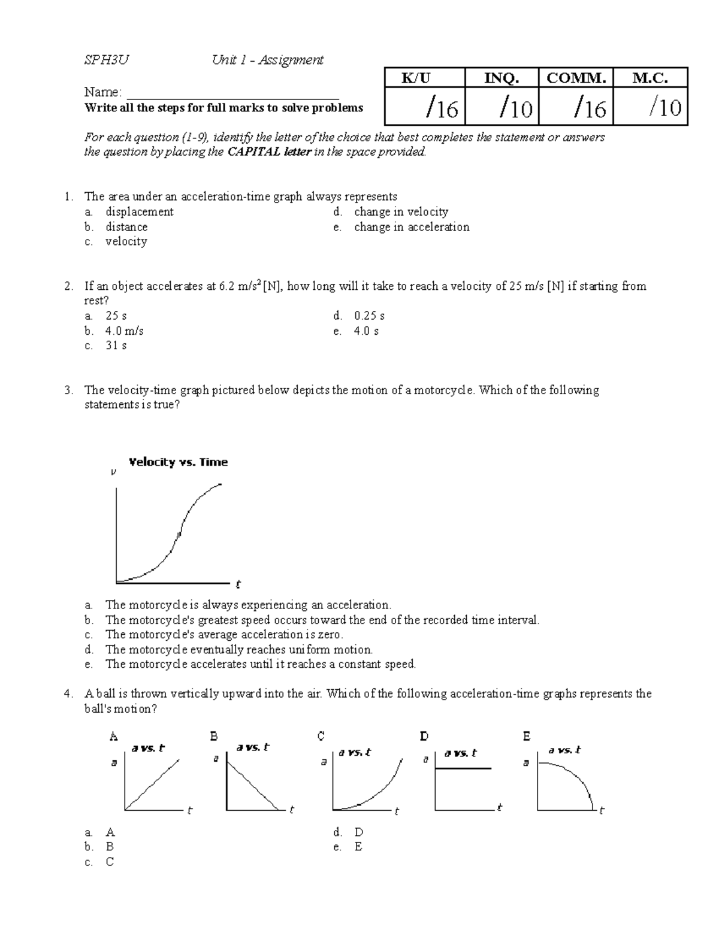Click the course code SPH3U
[106, 60]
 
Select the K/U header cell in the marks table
[424, 78]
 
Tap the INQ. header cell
[502, 78]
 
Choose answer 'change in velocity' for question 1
[401, 212]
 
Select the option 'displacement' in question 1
[139, 212]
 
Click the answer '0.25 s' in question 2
[369, 316]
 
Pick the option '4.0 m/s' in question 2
[124, 331]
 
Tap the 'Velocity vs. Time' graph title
[179, 462]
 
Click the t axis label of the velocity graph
[238, 584]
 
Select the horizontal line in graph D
[463, 768]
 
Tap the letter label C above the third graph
[321, 736]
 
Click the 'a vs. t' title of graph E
[564, 750]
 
